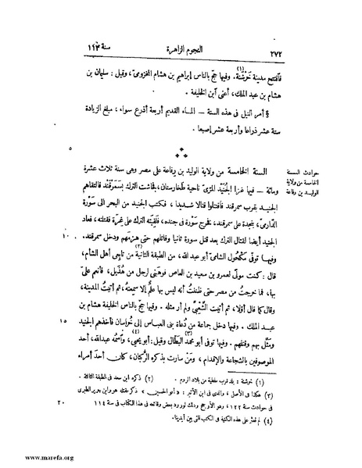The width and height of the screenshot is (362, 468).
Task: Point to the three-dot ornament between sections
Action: click(x=181, y=149)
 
